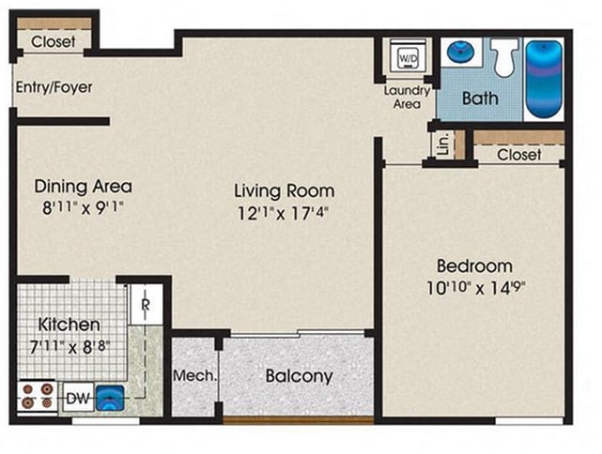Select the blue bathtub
coord(544,79)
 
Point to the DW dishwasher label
coord(78,399)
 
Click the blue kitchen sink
coord(110,398)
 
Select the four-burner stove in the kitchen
coord(38,397)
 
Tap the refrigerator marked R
coord(146,304)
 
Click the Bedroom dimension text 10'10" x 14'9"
coord(476,288)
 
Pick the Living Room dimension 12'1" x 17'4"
coord(284,213)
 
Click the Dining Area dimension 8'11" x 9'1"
coord(83,208)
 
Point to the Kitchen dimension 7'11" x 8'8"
coord(69,347)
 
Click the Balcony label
coord(299,376)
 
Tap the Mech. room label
coord(194,375)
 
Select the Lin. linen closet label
coord(443,144)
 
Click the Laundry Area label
coord(407,97)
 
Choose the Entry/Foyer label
coord(54,87)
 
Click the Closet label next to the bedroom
coord(519,155)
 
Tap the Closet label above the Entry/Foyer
coord(53,41)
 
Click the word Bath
coord(480,98)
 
